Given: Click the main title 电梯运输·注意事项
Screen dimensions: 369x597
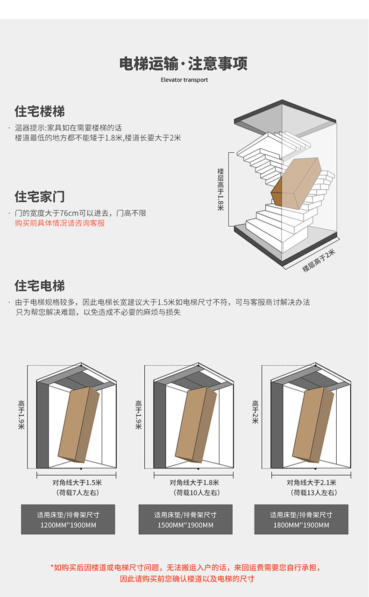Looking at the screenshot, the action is [x=184, y=63].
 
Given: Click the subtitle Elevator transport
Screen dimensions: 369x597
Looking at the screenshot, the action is [x=184, y=80].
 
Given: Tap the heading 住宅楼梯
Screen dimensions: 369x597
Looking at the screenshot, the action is [x=40, y=112].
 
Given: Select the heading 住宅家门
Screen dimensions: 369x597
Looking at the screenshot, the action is [x=40, y=197].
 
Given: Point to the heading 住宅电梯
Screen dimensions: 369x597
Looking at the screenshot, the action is [x=40, y=286].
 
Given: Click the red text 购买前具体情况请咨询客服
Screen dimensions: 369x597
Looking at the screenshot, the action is [x=60, y=223].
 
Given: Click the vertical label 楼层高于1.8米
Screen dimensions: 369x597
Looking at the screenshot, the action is [x=220, y=189].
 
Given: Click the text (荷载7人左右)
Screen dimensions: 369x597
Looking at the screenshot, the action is [x=77, y=493].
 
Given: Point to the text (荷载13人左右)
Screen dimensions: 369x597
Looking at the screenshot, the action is [x=311, y=493].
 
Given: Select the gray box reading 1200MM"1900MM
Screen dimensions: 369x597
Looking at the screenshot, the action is [x=68, y=519].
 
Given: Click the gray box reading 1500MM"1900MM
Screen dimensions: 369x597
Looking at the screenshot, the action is [x=185, y=519].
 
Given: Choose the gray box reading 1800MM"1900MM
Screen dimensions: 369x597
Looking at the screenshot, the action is [x=301, y=519].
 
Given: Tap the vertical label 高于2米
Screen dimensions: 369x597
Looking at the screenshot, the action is [x=255, y=412].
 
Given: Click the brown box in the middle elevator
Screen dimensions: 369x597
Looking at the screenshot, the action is [x=196, y=423].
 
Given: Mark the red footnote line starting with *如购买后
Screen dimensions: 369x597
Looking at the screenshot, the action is [x=186, y=568].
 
